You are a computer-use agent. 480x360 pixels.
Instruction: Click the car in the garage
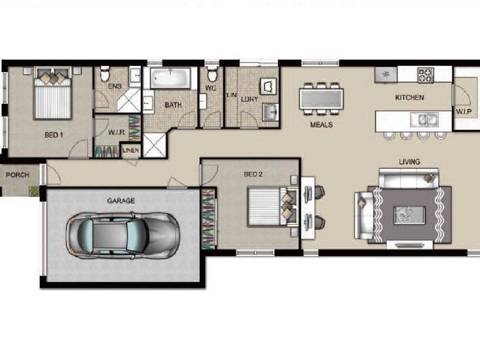pos(122,236)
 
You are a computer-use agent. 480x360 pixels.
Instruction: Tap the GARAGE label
pos(121,201)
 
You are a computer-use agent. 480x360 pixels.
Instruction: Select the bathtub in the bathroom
pos(170,79)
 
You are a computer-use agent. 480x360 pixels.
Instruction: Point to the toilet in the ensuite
pos(104,73)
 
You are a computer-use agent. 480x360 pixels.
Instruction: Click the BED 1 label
pos(54,134)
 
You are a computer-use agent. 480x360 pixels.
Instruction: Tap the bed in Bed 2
pos(272,206)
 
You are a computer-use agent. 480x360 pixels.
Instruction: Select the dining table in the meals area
pos(321,98)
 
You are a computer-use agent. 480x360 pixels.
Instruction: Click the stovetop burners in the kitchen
pos(425,75)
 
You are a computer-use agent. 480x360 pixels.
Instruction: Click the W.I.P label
pos(463,112)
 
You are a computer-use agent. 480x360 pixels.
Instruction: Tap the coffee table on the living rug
pos(409,215)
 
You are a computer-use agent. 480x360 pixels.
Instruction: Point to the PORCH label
pos(17,175)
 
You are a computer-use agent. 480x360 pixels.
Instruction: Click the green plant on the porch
pos(34,191)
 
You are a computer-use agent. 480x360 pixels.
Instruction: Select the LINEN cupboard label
pos(131,151)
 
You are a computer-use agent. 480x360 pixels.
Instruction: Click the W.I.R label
pos(116,133)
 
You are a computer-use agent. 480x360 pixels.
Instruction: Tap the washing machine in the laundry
pos(268,86)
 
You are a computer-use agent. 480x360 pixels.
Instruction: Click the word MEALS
pos(322,125)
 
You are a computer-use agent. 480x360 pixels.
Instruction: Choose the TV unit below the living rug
pos(410,245)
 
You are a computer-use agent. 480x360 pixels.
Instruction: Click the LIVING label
pos(410,161)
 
